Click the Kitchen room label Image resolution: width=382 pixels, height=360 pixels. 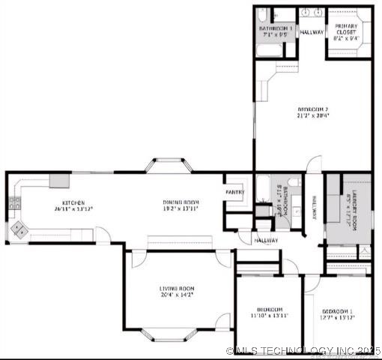(73, 203)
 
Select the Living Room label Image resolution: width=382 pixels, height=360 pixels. (176, 288)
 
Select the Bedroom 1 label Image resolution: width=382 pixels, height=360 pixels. (337, 310)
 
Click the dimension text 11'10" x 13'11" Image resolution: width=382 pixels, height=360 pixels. (269, 316)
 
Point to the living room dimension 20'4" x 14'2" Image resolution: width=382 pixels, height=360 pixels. (176, 295)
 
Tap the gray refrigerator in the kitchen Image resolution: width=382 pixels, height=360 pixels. (59, 181)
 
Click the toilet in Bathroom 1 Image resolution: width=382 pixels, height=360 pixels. (263, 16)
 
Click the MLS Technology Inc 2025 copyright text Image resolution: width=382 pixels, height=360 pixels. (303, 350)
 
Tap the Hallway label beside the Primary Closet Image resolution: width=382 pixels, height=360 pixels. (311, 33)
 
